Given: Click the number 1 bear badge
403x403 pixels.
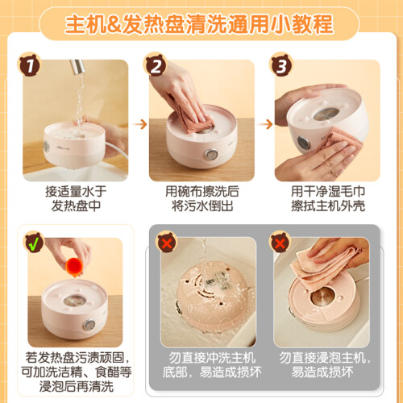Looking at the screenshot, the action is point(30,64).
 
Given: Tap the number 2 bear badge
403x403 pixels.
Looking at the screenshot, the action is point(156,64).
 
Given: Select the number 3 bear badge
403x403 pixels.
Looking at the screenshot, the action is point(281,64).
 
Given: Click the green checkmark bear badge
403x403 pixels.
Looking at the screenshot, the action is point(35,243).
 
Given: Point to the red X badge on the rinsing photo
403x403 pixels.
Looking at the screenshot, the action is point(167,243).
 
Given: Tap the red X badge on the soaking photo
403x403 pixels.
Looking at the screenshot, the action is point(280,243).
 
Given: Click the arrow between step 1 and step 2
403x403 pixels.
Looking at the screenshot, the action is point(139,124).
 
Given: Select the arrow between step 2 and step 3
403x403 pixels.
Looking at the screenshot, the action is point(265,124).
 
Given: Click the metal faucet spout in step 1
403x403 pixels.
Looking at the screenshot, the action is point(77,67).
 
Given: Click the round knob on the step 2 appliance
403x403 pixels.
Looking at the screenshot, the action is point(211,155).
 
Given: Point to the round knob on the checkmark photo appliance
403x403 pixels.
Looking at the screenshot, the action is point(89,325).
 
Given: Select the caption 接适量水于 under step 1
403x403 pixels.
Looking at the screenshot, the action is point(76,191).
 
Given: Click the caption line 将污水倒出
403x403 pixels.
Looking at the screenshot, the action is point(202,206).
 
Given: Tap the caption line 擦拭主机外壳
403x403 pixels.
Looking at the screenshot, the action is point(328,206).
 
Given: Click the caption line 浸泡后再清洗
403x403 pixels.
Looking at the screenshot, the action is point(77,386).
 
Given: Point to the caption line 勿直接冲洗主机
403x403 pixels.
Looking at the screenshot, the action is point(212,358).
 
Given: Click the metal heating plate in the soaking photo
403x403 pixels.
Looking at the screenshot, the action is point(322,297).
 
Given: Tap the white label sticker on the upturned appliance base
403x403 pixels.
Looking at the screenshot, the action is point(218,279).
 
